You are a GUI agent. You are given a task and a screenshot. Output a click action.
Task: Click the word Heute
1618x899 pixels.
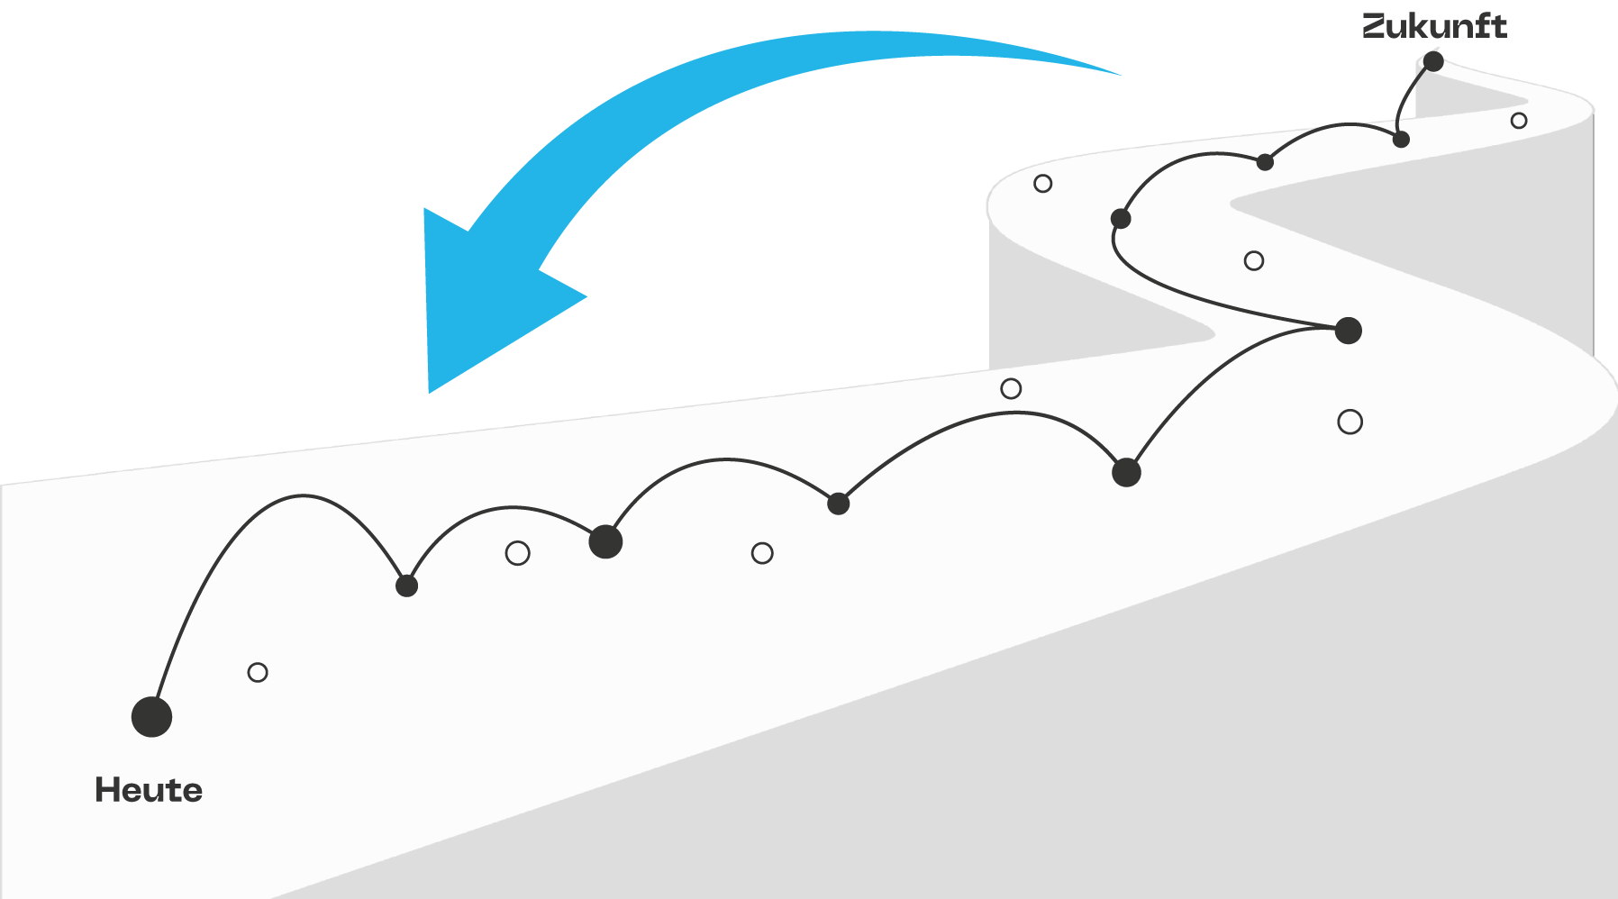(x=149, y=790)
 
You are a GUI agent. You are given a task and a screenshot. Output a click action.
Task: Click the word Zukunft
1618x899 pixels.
(x=1434, y=26)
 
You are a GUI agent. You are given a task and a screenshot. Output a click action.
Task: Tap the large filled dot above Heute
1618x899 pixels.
(x=151, y=717)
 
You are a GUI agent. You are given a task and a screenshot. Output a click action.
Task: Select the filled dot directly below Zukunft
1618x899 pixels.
(x=1433, y=61)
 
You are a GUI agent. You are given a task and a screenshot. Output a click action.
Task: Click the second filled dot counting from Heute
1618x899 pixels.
(x=407, y=586)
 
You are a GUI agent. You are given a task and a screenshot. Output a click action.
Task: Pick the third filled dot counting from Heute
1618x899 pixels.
(x=605, y=541)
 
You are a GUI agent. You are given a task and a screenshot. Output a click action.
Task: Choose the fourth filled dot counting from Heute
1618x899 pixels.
(x=839, y=504)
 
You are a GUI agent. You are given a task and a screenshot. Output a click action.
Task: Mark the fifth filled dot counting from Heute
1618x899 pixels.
(x=1126, y=472)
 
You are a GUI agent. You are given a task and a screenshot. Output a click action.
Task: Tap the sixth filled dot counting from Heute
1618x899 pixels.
(x=1348, y=331)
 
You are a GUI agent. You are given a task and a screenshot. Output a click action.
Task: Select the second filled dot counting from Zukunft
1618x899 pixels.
(x=1401, y=140)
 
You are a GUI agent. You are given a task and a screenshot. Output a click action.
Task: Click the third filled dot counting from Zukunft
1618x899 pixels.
(x=1265, y=162)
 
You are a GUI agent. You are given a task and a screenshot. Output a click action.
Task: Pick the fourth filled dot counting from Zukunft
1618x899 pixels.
(x=1121, y=219)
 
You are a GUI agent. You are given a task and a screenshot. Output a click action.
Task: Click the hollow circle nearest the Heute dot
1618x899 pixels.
(x=258, y=672)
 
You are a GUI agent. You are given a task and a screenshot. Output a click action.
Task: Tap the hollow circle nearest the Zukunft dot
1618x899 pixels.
(x=1519, y=121)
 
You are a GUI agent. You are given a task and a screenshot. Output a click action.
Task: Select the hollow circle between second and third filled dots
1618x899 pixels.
(x=517, y=553)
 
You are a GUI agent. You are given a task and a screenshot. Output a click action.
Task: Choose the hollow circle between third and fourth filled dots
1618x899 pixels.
(x=762, y=553)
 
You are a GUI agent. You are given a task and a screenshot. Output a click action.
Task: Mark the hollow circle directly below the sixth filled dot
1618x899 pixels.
(x=1350, y=422)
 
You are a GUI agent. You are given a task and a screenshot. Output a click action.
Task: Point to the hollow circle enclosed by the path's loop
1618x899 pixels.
(x=1254, y=261)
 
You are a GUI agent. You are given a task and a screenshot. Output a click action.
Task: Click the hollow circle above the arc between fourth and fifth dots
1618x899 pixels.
(x=1011, y=388)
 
